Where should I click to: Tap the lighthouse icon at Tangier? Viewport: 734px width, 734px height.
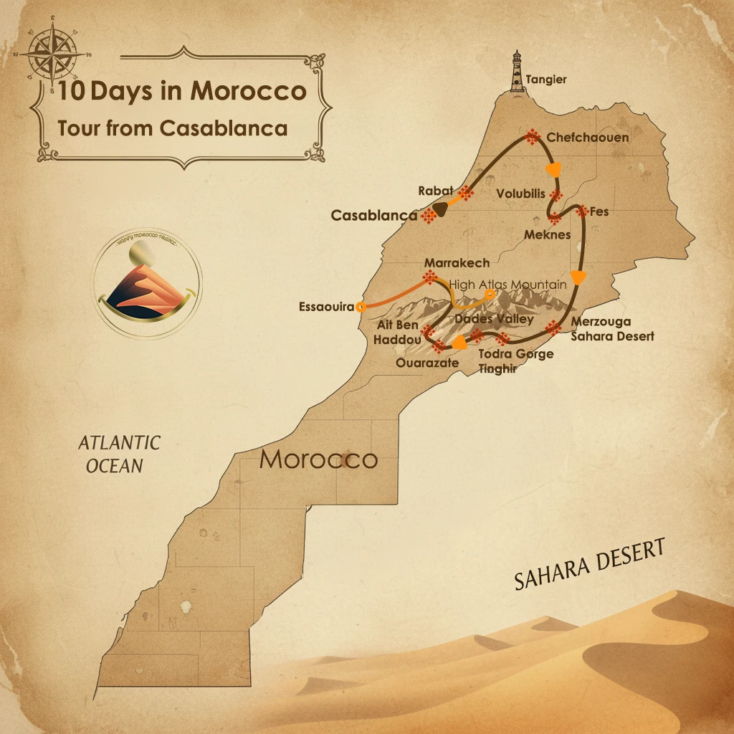click(x=516, y=72)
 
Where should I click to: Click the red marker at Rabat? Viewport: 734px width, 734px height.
click(x=466, y=193)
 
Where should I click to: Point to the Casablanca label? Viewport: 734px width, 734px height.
click(x=374, y=215)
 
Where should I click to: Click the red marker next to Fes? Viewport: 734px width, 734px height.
click(x=581, y=211)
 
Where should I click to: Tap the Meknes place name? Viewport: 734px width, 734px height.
click(x=547, y=234)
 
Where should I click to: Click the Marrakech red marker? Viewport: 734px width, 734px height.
click(x=430, y=277)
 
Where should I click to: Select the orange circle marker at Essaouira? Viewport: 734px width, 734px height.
click(x=361, y=307)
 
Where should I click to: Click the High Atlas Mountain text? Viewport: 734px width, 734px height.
click(x=507, y=285)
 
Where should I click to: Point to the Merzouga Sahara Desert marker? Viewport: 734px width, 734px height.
click(x=553, y=328)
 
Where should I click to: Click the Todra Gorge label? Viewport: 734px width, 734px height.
click(x=515, y=354)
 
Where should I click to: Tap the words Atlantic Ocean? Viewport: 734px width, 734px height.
click(x=118, y=454)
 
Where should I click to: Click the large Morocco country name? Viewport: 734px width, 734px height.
click(x=318, y=459)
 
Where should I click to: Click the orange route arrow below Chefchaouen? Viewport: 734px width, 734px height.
click(x=553, y=169)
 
